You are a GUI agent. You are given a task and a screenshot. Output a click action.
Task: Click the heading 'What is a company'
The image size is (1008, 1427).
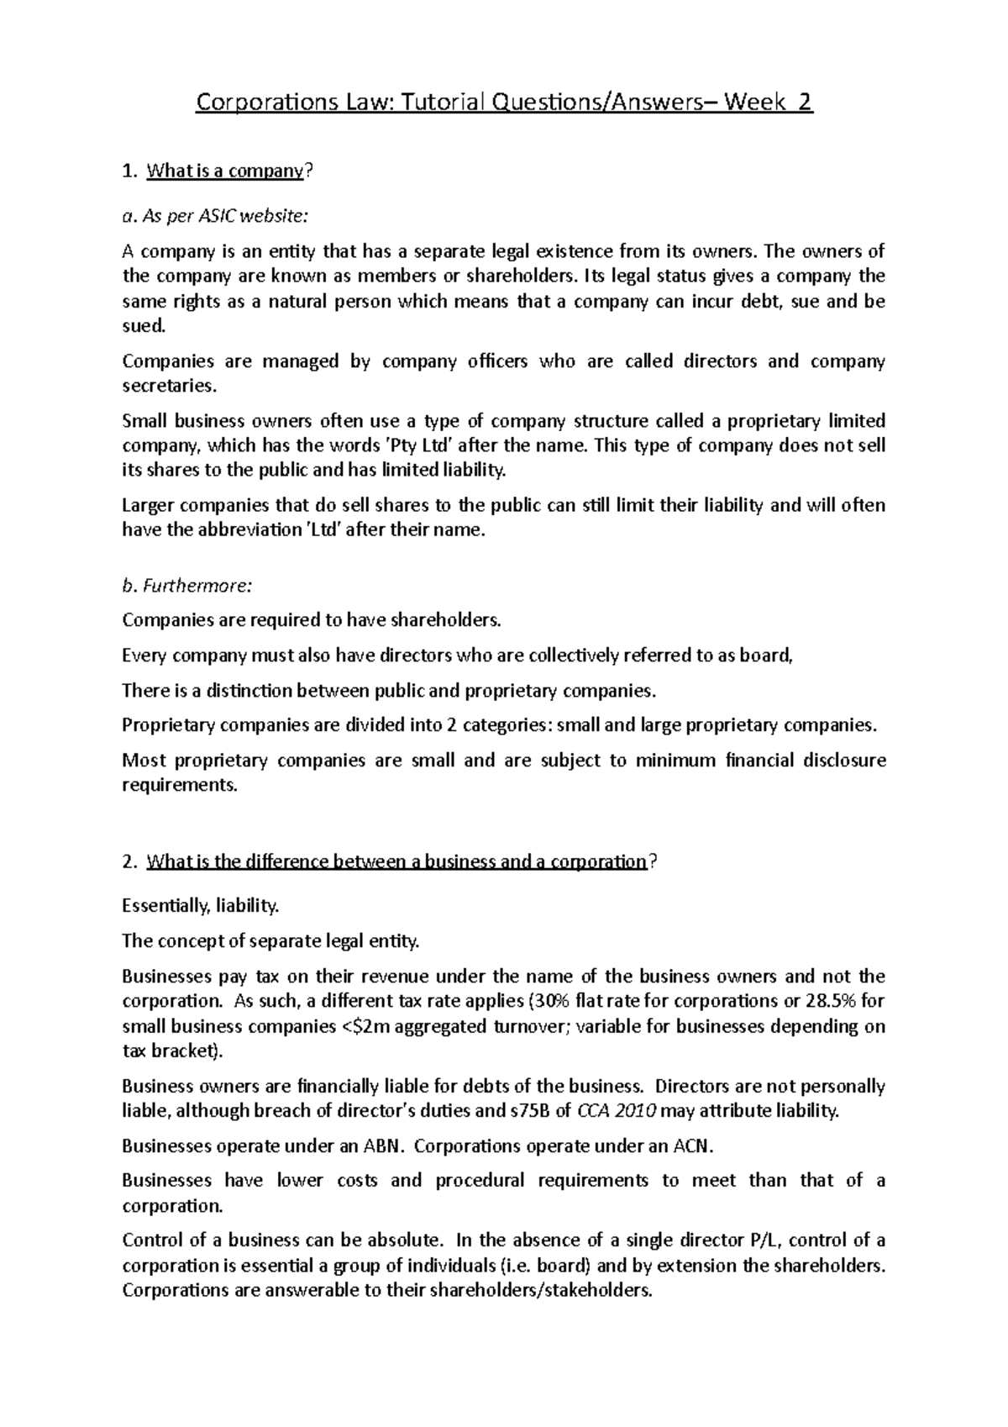pos(223,171)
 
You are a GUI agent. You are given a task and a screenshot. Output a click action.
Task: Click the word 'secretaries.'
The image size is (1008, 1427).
pos(169,386)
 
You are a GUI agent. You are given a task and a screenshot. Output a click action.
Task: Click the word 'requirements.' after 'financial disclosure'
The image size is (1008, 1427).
pos(180,785)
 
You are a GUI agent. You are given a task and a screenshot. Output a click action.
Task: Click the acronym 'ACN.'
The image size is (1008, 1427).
pos(696,1145)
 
